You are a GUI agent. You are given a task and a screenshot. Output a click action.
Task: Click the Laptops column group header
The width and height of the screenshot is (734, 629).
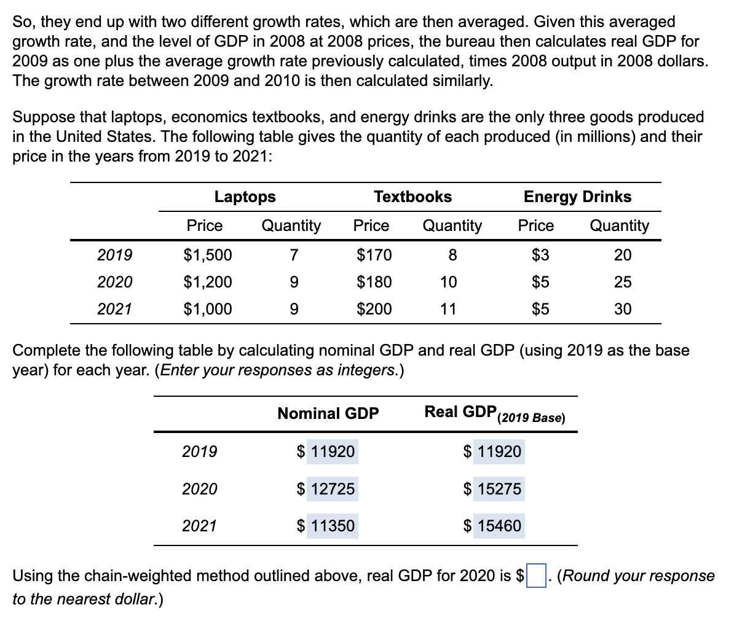pyautogui.click(x=245, y=197)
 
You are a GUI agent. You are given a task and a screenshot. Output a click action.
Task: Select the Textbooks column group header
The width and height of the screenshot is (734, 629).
pyautogui.click(x=412, y=197)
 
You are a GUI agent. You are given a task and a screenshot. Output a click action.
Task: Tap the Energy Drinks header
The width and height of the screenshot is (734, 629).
pyautogui.click(x=577, y=197)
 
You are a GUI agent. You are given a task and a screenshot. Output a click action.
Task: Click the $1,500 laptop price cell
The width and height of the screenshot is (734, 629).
pyautogui.click(x=208, y=254)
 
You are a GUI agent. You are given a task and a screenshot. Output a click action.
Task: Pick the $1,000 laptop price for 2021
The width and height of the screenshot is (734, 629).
pyautogui.click(x=208, y=308)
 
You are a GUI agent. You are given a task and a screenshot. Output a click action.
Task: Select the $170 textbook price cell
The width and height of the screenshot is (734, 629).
pyautogui.click(x=374, y=254)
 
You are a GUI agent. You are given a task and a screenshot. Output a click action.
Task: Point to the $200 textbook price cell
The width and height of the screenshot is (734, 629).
pyautogui.click(x=374, y=308)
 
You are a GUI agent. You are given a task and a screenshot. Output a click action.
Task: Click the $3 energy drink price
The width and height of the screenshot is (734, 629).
pyautogui.click(x=540, y=254)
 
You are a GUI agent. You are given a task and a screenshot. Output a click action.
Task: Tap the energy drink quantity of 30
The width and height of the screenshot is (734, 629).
pyautogui.click(x=623, y=308)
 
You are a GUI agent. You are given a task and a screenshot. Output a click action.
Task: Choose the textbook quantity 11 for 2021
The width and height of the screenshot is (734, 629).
pyautogui.click(x=448, y=308)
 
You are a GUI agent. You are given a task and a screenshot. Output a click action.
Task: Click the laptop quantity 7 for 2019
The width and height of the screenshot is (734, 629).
pyautogui.click(x=293, y=254)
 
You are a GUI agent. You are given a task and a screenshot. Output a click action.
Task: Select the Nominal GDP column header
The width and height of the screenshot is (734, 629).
pyautogui.click(x=328, y=413)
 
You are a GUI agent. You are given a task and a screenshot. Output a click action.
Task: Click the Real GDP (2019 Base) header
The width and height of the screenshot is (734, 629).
pyautogui.click(x=494, y=413)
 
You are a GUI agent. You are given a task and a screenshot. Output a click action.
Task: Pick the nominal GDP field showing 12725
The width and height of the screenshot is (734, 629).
pyautogui.click(x=332, y=489)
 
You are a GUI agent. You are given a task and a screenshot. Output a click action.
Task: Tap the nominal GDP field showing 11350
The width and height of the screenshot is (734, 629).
pyautogui.click(x=332, y=526)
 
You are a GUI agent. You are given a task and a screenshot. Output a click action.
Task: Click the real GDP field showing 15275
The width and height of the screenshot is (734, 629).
pyautogui.click(x=499, y=489)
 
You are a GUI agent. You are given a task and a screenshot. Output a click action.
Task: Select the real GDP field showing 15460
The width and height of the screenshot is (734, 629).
pyautogui.click(x=499, y=526)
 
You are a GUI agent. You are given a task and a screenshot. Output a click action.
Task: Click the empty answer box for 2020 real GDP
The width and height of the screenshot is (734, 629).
pyautogui.click(x=536, y=576)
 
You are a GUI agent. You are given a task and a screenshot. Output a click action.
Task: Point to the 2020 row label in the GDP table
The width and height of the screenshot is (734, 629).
pyautogui.click(x=200, y=489)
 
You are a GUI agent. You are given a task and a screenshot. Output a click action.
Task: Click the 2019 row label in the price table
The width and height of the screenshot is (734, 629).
pyautogui.click(x=115, y=254)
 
